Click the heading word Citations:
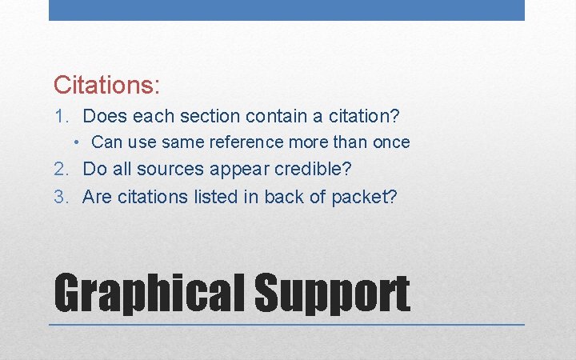click(x=107, y=84)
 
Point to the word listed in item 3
click(x=222, y=197)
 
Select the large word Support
click(x=332, y=294)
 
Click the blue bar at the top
click(x=286, y=10)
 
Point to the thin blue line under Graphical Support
click(x=286, y=324)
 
